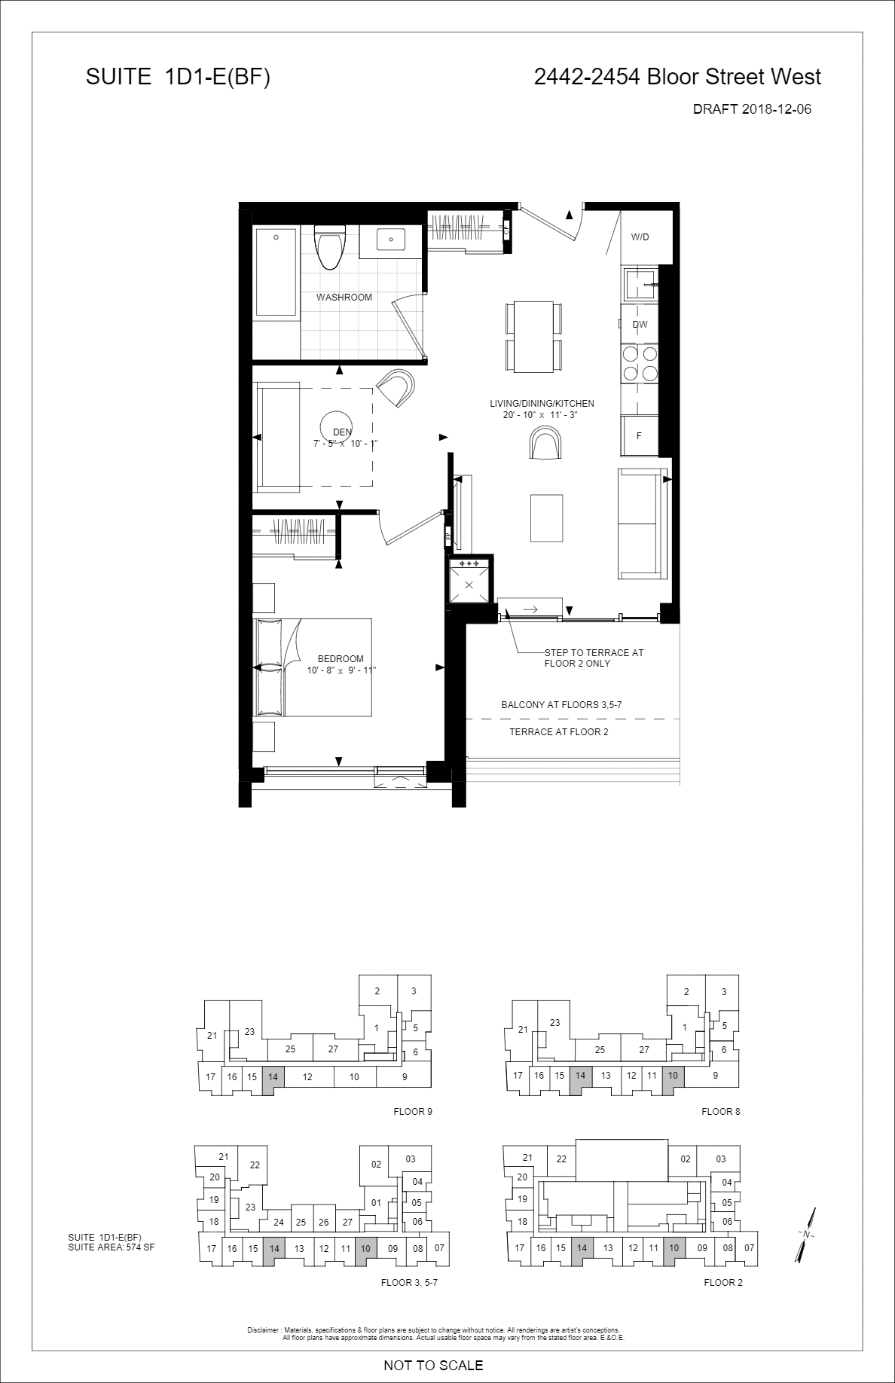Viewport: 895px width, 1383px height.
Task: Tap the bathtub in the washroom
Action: click(276, 272)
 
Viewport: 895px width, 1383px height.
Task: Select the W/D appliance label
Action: click(640, 237)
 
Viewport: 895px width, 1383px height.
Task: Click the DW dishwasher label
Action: click(640, 325)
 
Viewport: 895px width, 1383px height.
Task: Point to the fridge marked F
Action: click(639, 435)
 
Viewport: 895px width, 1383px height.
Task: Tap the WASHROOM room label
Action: click(344, 298)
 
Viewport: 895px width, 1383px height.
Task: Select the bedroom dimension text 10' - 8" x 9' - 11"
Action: click(341, 670)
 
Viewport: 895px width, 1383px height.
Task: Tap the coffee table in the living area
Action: click(547, 517)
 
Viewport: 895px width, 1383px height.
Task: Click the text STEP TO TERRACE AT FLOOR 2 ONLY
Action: click(594, 658)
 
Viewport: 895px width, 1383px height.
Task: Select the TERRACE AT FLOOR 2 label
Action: click(559, 732)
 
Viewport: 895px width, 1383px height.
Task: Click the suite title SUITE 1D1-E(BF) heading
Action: click(178, 77)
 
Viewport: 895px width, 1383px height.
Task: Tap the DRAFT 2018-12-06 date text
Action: click(752, 109)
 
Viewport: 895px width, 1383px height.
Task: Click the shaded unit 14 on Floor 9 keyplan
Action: click(273, 1076)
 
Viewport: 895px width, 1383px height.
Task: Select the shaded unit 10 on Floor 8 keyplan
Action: click(673, 1076)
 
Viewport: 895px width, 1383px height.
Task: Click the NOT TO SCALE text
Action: click(433, 1365)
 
